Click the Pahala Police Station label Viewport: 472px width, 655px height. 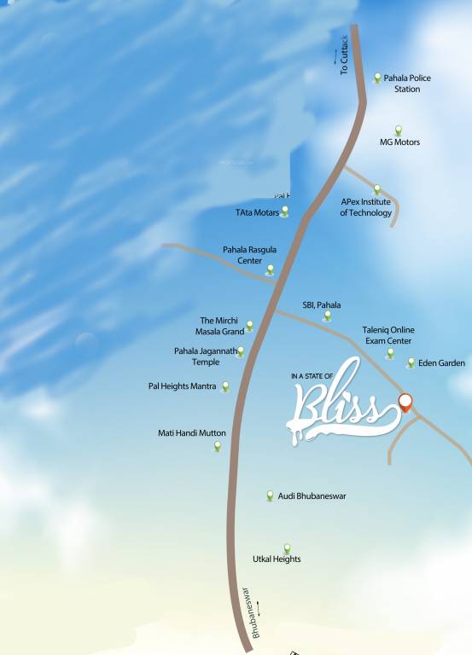(x=407, y=84)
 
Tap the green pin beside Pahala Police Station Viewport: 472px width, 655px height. (x=377, y=78)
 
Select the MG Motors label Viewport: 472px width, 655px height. (x=399, y=142)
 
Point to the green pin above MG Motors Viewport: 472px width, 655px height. (x=398, y=130)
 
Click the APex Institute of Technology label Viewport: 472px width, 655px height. (x=365, y=207)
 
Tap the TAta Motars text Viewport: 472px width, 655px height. (x=257, y=212)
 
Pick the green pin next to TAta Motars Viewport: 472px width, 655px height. (x=284, y=212)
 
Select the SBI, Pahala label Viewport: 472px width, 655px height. (x=321, y=304)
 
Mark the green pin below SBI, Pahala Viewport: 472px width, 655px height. (x=327, y=316)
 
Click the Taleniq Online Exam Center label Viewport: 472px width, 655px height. (x=388, y=335)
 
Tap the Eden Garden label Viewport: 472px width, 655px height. (x=441, y=363)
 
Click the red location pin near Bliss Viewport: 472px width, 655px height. (x=405, y=402)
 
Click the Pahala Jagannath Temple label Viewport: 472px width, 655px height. (x=205, y=356)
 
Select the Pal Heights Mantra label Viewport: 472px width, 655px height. (x=182, y=386)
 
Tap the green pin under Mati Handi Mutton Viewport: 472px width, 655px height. (x=218, y=446)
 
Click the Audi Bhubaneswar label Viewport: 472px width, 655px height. (x=312, y=496)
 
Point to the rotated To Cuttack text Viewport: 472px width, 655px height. (x=344, y=55)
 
